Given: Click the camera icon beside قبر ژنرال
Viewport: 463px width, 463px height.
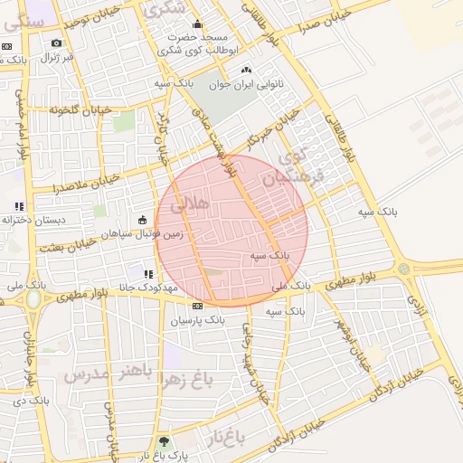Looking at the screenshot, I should (x=57, y=43).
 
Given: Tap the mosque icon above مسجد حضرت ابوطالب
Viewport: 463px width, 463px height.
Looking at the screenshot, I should (x=198, y=24).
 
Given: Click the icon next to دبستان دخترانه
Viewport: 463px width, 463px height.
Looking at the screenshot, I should (x=20, y=207).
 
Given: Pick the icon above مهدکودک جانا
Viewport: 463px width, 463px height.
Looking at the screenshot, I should (x=147, y=273).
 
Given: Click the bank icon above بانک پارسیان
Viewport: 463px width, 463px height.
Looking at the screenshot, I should (x=197, y=307).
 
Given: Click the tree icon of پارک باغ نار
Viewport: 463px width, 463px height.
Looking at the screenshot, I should (x=164, y=442).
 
